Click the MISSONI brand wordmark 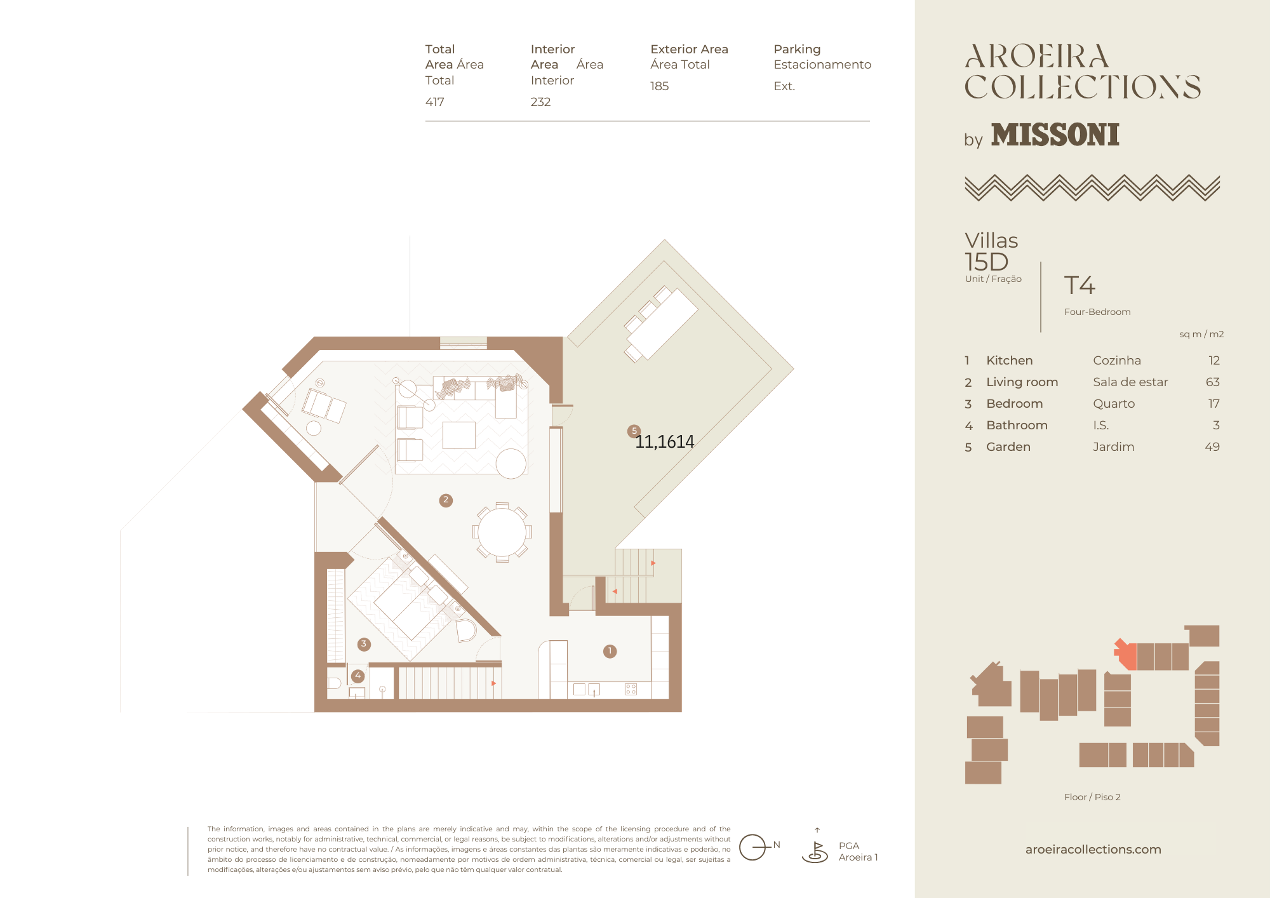pos(1055,135)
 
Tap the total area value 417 pos(435,102)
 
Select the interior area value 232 pos(540,102)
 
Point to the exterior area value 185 pos(659,86)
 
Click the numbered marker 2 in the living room pos(446,500)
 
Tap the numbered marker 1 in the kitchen pos(610,651)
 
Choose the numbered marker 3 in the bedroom pos(364,644)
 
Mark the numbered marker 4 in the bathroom pos(358,676)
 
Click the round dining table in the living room pos(502,532)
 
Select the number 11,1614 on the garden pos(665,441)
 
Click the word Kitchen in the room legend pos(1009,360)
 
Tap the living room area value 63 pos(1212,382)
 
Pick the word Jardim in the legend pos(1113,446)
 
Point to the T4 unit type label pos(1079,285)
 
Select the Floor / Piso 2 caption pos(1092,797)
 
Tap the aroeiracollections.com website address pos(1093,849)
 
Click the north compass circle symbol pos(752,847)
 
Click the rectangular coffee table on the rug pos(458,435)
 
